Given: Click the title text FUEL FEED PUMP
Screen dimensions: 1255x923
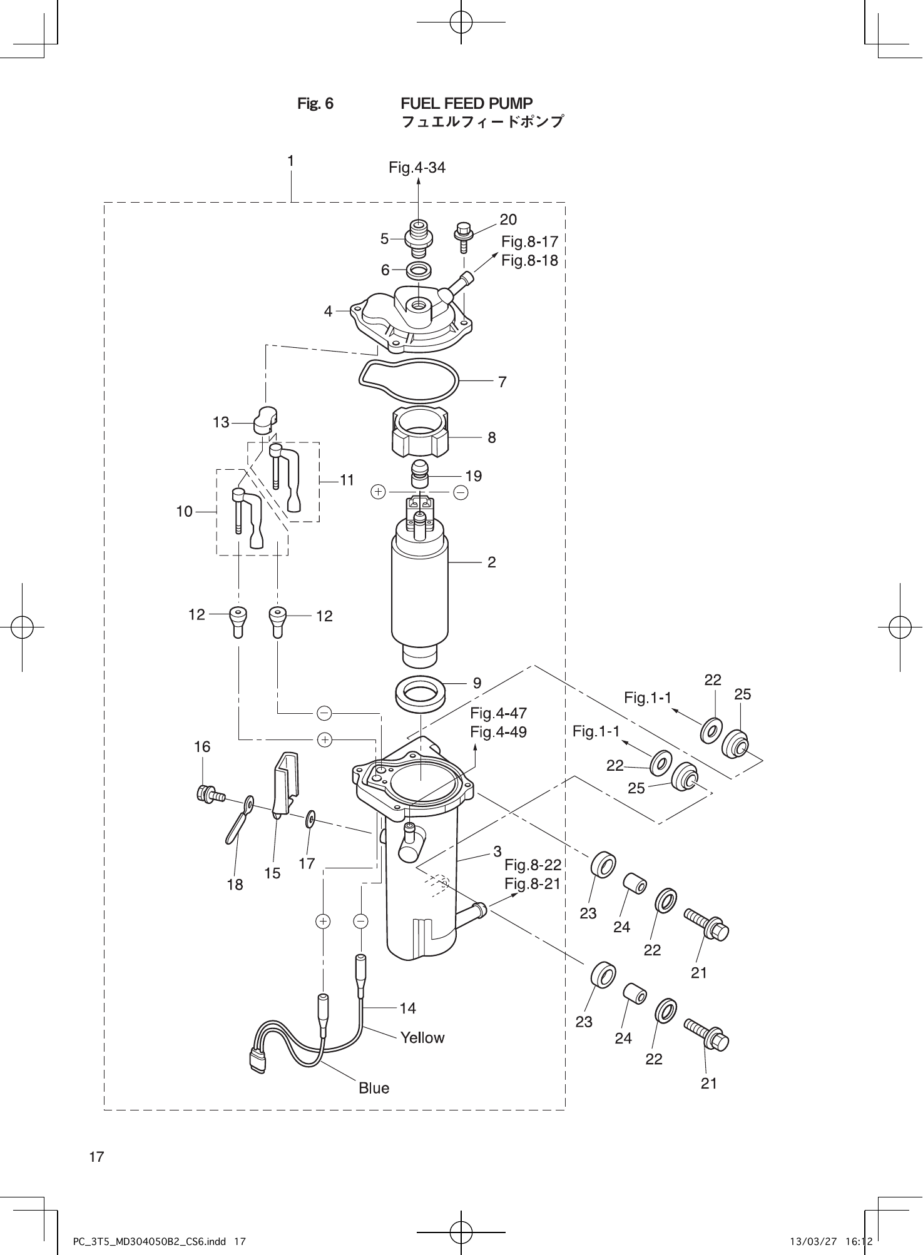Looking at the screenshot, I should [x=466, y=103].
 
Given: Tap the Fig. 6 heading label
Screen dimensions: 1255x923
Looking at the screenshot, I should [x=315, y=104].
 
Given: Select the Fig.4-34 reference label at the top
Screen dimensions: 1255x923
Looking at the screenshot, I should [x=417, y=167].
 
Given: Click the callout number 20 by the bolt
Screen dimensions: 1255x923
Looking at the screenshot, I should [x=508, y=219].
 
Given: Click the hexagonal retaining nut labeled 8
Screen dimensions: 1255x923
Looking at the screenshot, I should [x=421, y=433].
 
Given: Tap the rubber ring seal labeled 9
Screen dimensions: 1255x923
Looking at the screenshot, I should [x=421, y=693].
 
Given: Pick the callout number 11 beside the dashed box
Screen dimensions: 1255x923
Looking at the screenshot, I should [x=347, y=480].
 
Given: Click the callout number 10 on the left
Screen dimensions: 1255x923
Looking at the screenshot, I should [x=184, y=512].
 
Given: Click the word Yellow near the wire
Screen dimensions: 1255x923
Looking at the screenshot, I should [x=422, y=1037].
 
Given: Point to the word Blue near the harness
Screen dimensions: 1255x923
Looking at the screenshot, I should [x=374, y=1088].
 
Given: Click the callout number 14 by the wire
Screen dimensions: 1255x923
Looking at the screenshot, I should [x=407, y=1008].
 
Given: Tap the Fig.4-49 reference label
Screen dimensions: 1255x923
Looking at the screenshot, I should [x=498, y=732].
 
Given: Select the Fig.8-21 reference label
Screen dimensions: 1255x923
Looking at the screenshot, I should [x=532, y=883].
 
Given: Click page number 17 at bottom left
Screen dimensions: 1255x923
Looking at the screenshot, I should [x=96, y=1157].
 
